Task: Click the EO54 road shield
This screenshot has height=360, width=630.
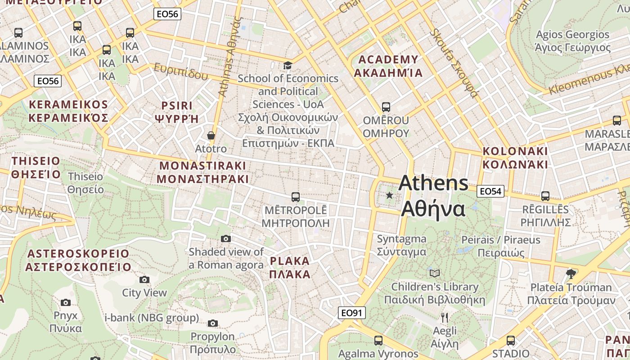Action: click(x=490, y=191)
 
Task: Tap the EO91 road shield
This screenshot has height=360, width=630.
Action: click(x=352, y=313)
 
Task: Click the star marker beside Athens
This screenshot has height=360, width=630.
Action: click(x=389, y=195)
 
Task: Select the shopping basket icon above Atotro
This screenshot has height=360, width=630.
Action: click(x=211, y=135)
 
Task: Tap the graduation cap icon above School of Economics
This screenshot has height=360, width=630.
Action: click(x=288, y=66)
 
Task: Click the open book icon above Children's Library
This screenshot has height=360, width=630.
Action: click(x=434, y=273)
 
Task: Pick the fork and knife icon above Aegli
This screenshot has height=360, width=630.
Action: click(x=445, y=318)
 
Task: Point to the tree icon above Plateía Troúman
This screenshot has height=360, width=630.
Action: click(x=571, y=274)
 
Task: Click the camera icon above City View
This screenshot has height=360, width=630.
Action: click(x=144, y=279)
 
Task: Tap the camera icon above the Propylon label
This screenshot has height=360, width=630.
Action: click(x=213, y=323)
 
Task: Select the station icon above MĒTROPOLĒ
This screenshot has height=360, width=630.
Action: click(x=296, y=197)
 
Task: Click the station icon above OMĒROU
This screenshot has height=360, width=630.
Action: click(x=386, y=107)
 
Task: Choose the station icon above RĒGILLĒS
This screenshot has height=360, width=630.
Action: click(x=545, y=196)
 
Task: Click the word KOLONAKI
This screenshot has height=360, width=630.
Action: click(x=515, y=151)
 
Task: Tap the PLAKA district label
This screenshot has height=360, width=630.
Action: click(x=290, y=261)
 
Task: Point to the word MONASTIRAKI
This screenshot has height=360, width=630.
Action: click(x=203, y=165)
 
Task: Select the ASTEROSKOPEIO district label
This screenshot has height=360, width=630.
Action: click(x=78, y=254)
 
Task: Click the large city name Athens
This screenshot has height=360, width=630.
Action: click(x=433, y=183)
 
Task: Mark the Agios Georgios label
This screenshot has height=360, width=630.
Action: click(x=572, y=35)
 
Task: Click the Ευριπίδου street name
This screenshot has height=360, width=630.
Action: click(x=181, y=72)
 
